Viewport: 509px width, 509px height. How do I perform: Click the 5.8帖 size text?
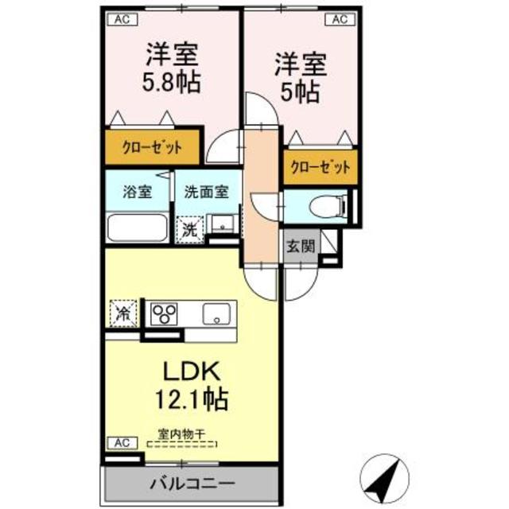pyautogui.click(x=170, y=81)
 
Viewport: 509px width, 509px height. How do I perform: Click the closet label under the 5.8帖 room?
pyautogui.click(x=151, y=147)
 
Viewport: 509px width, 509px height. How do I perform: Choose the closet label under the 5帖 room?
pyautogui.click(x=320, y=167)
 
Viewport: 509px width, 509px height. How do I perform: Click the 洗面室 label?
pyautogui.click(x=206, y=192)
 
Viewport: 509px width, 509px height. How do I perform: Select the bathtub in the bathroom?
pyautogui.click(x=137, y=228)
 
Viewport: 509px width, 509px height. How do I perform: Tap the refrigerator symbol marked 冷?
pyautogui.click(x=122, y=311)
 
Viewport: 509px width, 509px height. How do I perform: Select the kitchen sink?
pyautogui.click(x=216, y=313)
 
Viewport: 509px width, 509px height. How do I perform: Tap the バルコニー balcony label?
pyautogui.click(x=192, y=483)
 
